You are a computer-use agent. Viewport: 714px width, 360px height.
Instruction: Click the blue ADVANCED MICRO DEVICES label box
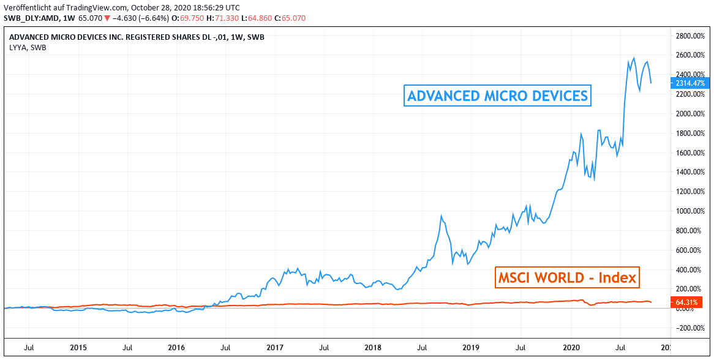click(498, 96)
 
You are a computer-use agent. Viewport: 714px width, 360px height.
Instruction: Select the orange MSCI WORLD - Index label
click(566, 278)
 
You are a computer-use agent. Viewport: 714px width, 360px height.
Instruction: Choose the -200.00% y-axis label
click(691, 328)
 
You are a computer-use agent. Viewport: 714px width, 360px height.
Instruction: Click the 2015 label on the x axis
click(78, 348)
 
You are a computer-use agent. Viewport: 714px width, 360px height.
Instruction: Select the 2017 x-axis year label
click(275, 348)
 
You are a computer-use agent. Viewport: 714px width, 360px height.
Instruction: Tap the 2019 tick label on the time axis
click(471, 348)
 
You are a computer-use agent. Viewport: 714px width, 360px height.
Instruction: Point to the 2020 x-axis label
click(570, 348)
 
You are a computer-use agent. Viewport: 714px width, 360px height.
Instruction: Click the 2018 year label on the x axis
click(373, 348)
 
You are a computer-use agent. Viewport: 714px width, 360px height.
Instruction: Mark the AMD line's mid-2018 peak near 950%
click(442, 216)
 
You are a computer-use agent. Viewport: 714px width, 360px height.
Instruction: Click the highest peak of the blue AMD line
click(634, 58)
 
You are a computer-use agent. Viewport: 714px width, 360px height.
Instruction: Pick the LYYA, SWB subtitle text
click(28, 47)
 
